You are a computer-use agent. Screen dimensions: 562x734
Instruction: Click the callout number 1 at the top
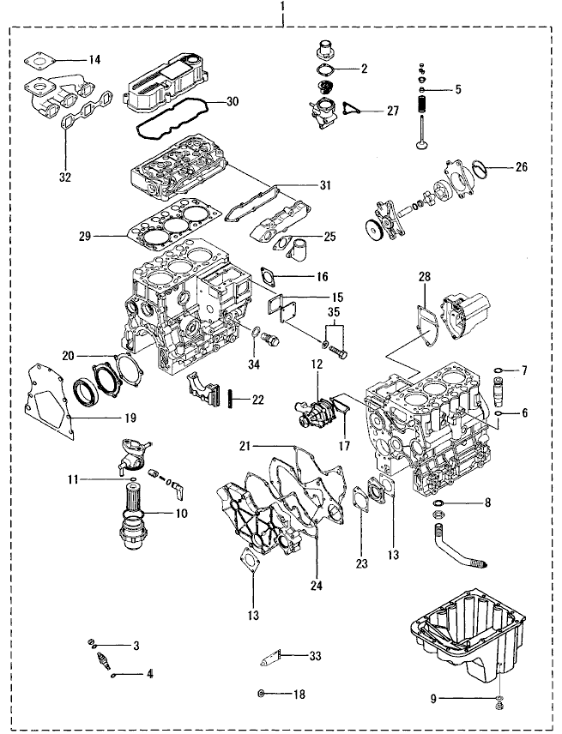tap(281, 8)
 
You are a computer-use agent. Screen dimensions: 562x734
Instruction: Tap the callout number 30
tap(233, 101)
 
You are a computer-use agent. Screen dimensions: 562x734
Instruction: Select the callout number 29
tap(85, 237)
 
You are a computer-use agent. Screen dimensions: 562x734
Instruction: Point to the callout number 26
tap(521, 166)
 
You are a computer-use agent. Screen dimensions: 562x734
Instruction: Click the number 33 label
tap(315, 656)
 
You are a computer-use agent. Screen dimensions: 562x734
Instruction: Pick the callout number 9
tap(433, 699)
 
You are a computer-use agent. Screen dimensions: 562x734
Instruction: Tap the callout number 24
tap(317, 585)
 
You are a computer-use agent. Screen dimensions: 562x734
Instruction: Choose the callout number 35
tap(335, 312)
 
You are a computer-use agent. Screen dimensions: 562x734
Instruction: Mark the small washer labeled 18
tap(262, 694)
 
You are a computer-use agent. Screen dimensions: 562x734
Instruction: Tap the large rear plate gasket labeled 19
tap(49, 401)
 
